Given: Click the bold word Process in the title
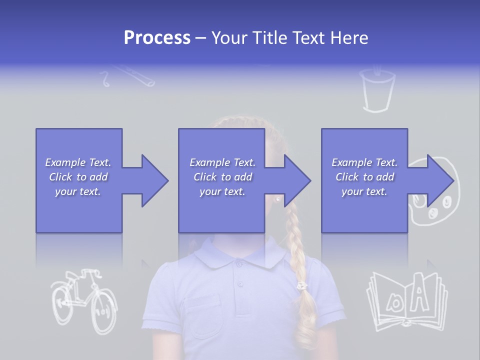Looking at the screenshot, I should click(x=157, y=37).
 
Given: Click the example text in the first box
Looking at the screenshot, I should click(x=78, y=177).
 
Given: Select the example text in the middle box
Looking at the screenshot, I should click(x=222, y=177).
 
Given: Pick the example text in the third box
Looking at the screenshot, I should click(x=364, y=177).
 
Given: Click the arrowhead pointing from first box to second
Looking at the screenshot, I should click(x=153, y=180).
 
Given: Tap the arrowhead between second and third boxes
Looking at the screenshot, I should click(x=296, y=180).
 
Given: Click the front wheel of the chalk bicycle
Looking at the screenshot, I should click(x=104, y=310).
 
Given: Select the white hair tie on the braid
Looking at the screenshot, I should click(x=301, y=286).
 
